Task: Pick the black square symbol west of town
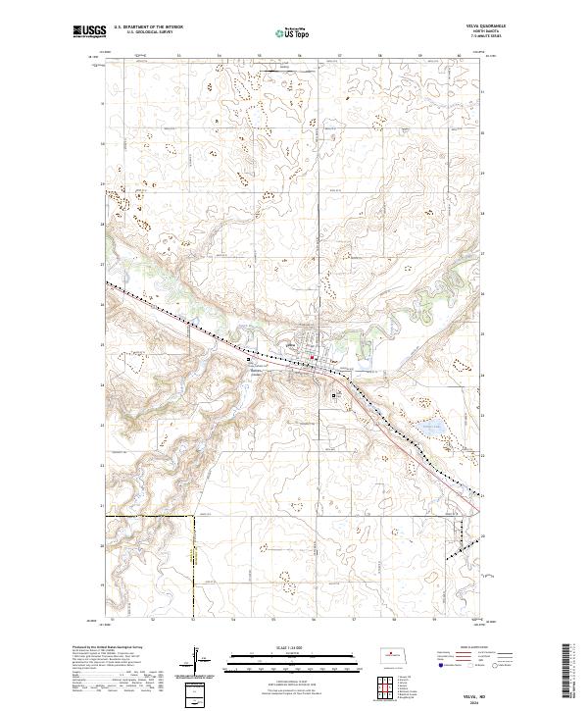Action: pyautogui.click(x=248, y=359)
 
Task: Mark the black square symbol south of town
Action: pyautogui.click(x=336, y=395)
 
